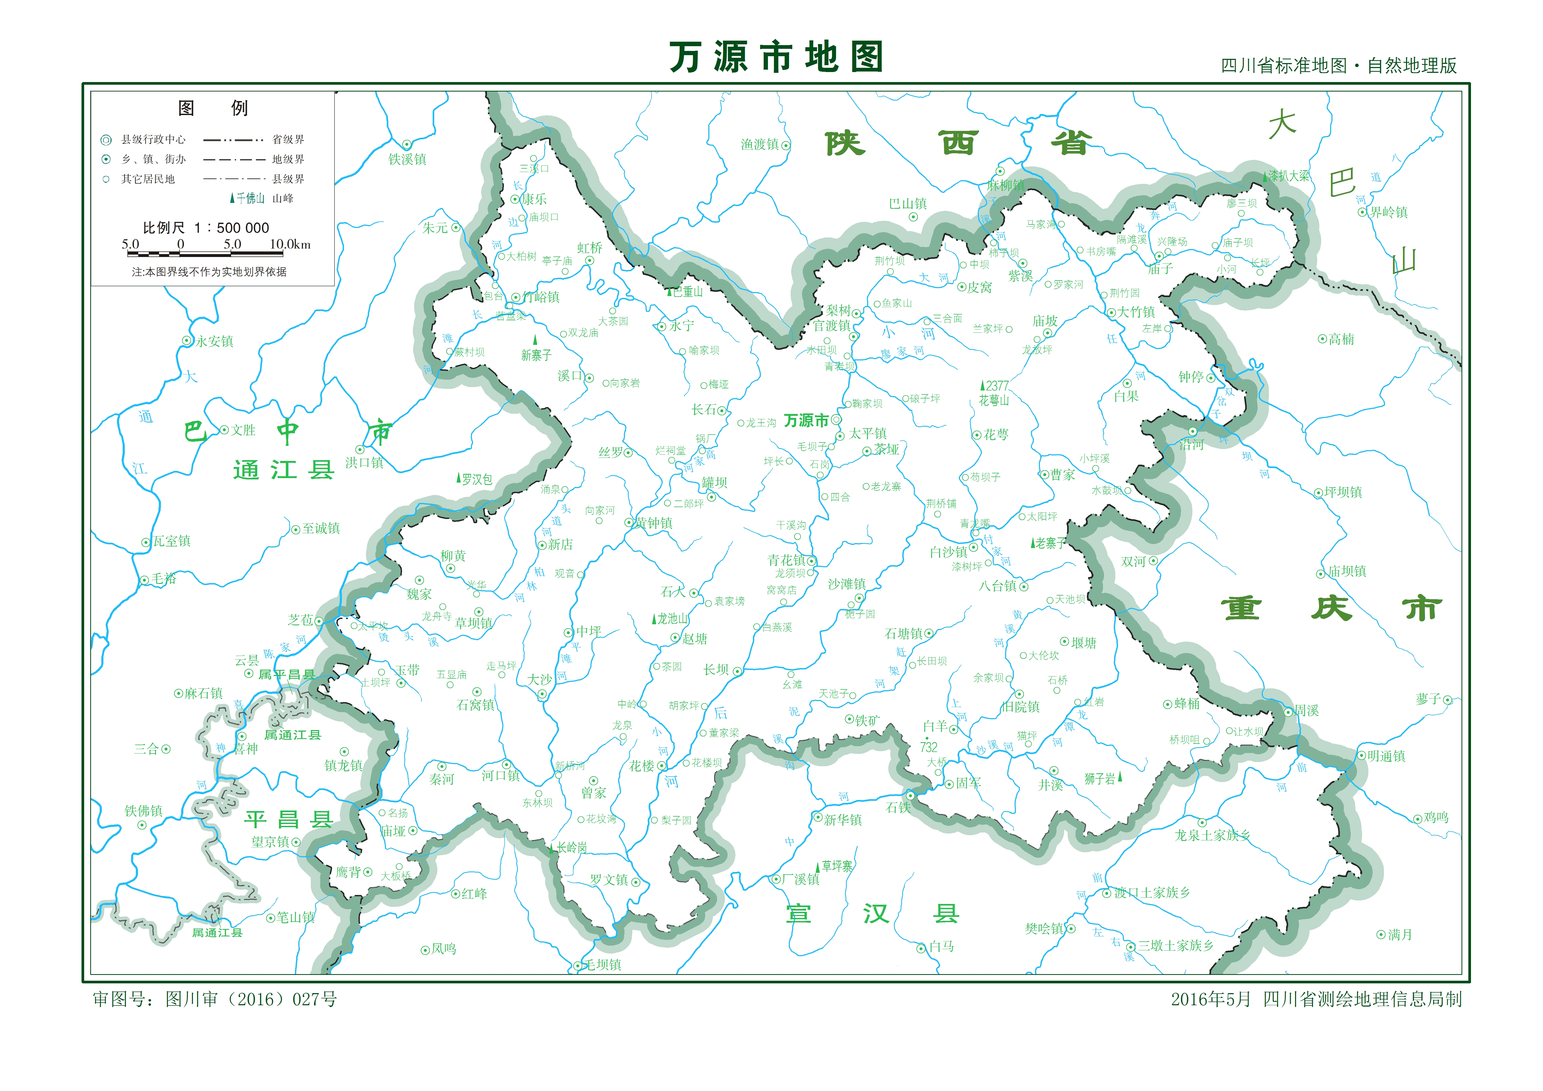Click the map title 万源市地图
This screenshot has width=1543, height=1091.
pyautogui.click(x=776, y=57)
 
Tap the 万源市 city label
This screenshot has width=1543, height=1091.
pyautogui.click(x=806, y=421)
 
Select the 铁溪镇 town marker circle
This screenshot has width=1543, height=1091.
pyautogui.click(x=407, y=145)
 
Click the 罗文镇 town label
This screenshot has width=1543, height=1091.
pyautogui.click(x=609, y=880)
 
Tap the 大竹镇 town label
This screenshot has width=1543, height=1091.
pyautogui.click(x=1136, y=312)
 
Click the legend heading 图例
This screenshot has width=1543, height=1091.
pyautogui.click(x=212, y=108)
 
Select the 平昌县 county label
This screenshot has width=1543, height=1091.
pyautogui.click(x=288, y=820)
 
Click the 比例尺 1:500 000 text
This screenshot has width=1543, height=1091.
pyautogui.click(x=206, y=228)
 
